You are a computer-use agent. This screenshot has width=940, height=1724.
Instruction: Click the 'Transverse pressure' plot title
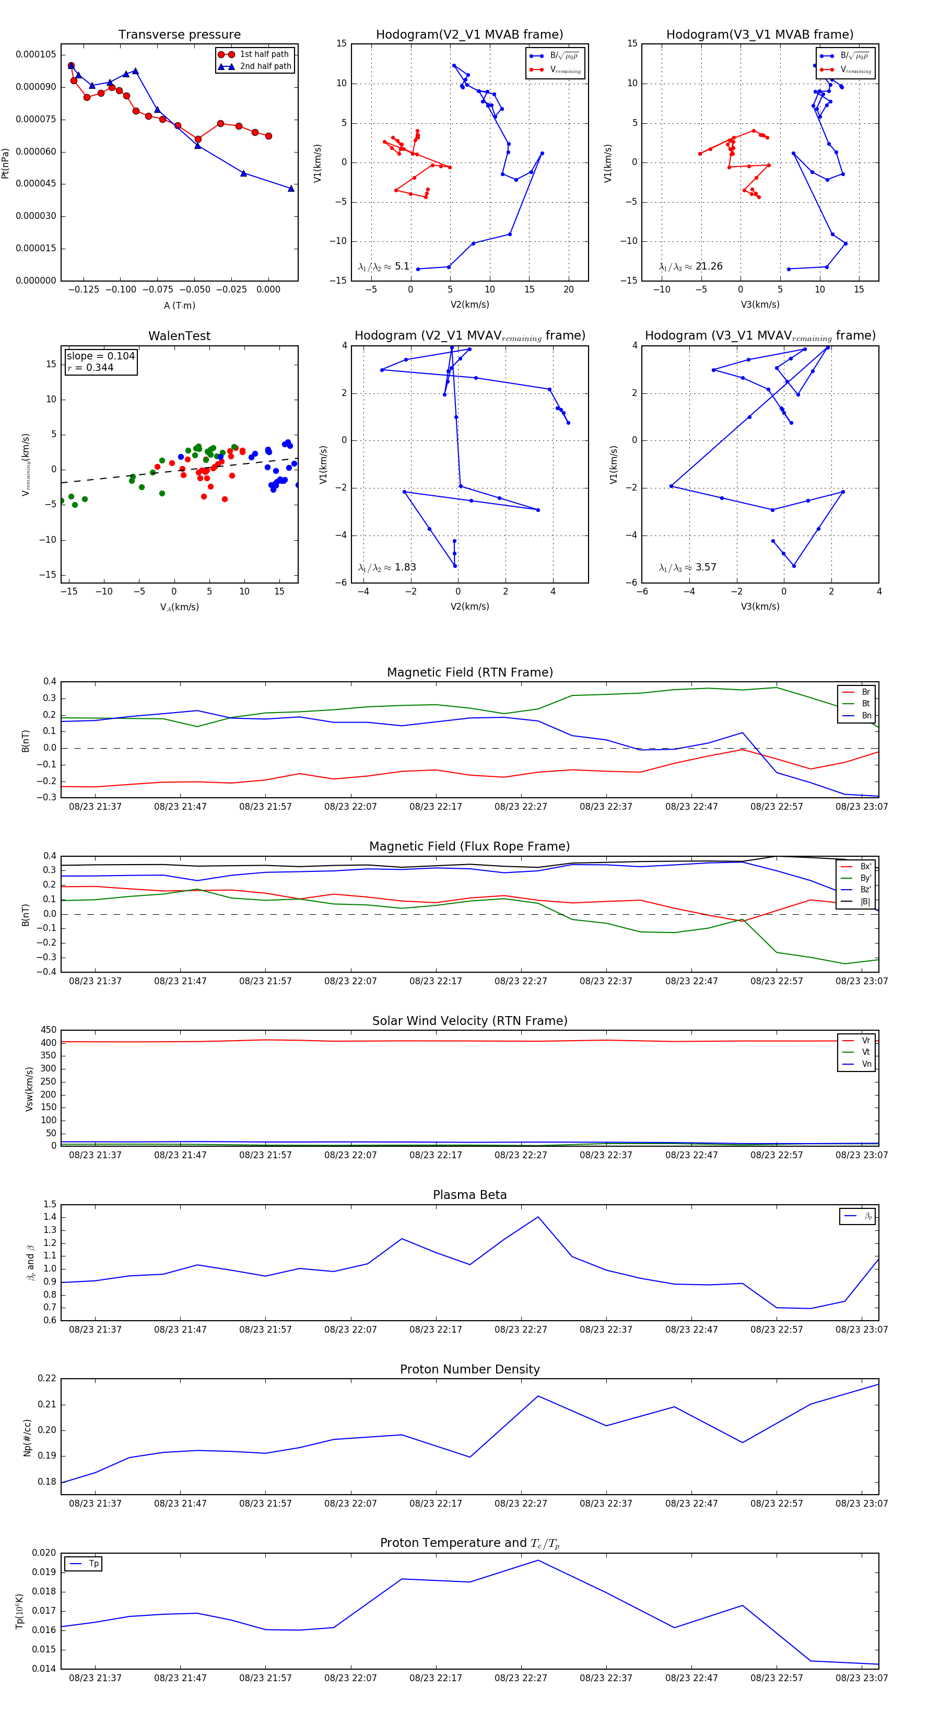pos(179,35)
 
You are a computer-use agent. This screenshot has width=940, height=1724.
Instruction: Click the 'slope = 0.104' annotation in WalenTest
pos(100,356)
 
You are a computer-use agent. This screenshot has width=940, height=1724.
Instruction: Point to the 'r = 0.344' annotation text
pos(90,367)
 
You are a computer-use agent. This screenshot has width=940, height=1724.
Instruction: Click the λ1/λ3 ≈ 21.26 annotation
pos(690,266)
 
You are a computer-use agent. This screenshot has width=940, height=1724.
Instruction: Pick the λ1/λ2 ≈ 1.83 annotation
pos(386,567)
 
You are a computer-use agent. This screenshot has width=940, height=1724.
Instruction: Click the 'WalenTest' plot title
pos(179,336)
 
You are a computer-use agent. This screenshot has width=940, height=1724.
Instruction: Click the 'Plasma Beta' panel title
pos(469,1195)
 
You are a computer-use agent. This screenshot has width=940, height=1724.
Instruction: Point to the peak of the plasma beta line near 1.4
pos(538,1217)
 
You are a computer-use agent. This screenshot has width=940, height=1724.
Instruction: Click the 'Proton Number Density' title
pos(469,1369)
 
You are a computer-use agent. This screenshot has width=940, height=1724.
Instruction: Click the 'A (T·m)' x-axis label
pos(179,306)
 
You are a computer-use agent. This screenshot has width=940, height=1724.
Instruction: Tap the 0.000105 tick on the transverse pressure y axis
pos(36,54)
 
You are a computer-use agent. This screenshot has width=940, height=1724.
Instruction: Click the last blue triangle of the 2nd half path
pos(291,189)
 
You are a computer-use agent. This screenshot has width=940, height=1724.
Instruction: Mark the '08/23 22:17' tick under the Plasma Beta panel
pos(436,1329)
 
